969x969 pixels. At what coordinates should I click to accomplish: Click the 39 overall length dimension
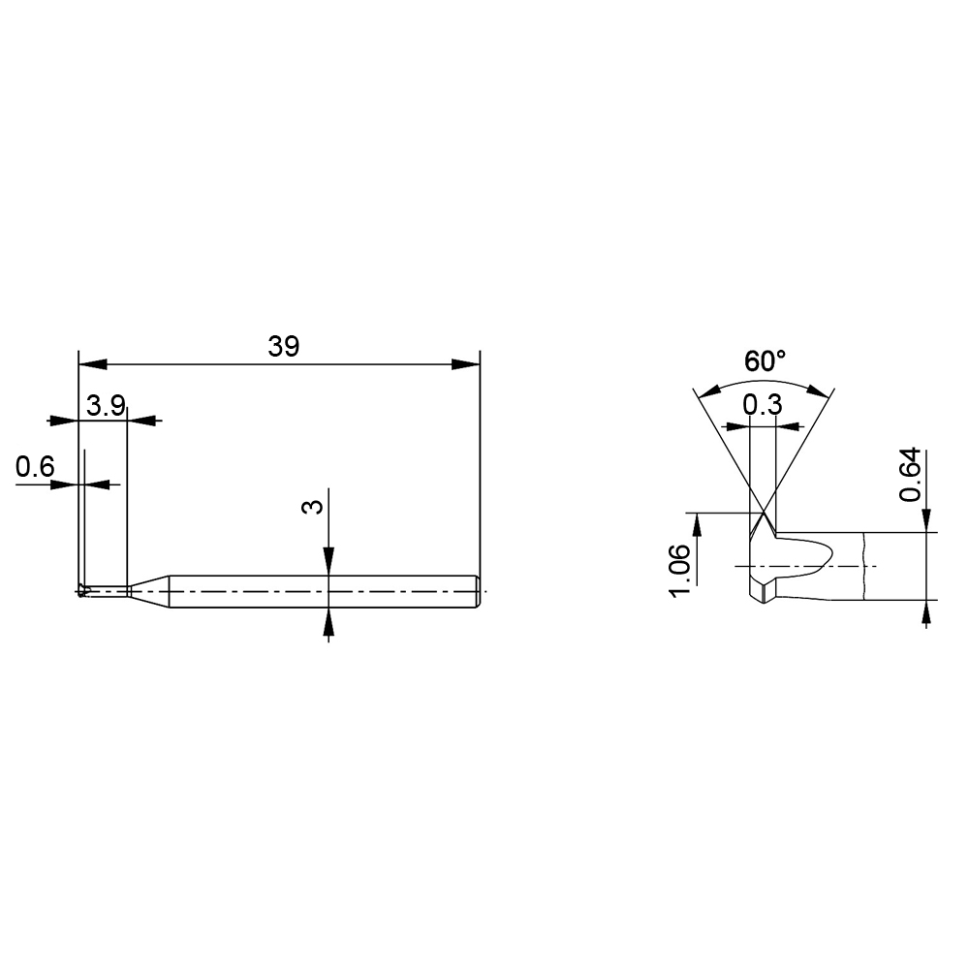tap(284, 347)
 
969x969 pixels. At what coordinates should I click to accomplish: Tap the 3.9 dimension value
tap(106, 406)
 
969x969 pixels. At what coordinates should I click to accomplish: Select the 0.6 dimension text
tap(35, 467)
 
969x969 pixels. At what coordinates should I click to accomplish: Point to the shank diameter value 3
tap(313, 507)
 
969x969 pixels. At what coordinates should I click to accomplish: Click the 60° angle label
tap(766, 361)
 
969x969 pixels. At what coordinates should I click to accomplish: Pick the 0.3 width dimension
tap(763, 405)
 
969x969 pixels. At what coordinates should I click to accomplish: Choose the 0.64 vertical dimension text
tap(911, 475)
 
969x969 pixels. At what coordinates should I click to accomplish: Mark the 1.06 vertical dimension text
tap(680, 571)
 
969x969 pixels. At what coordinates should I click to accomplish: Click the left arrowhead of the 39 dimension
tap(93, 364)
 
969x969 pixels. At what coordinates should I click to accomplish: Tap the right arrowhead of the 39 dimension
tap(466, 364)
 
